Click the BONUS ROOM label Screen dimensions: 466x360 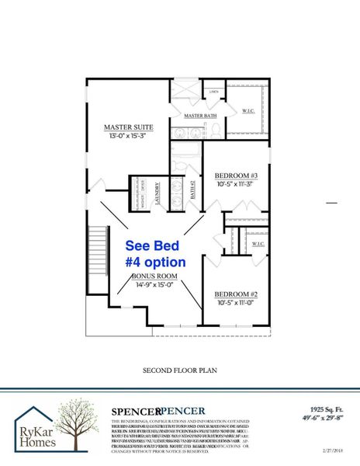point(154,276)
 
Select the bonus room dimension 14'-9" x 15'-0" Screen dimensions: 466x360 point(154,286)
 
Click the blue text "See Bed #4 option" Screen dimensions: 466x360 point(155,254)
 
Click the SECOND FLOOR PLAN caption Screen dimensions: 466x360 point(178,370)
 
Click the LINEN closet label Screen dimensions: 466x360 point(215,92)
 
